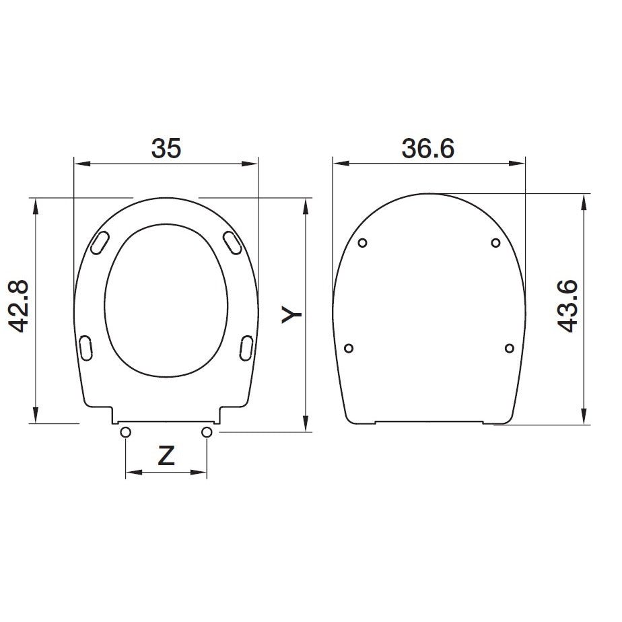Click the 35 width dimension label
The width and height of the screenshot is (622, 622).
click(166, 148)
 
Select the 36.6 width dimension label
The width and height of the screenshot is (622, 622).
click(428, 149)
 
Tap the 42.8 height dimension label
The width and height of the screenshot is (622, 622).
click(19, 306)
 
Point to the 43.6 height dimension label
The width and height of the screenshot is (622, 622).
click(567, 306)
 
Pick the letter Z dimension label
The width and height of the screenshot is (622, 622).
click(166, 456)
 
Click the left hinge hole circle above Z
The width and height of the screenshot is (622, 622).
click(125, 432)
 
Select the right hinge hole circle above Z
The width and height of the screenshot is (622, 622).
click(207, 432)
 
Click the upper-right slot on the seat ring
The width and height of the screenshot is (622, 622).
click(232, 243)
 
